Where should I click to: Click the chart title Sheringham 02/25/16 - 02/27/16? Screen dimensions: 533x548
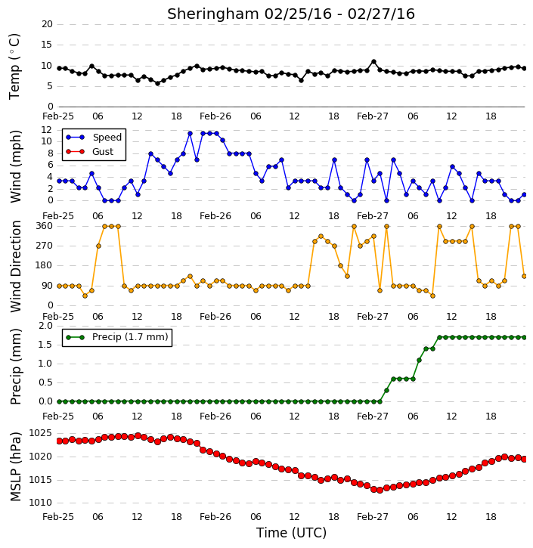[x=291, y=14]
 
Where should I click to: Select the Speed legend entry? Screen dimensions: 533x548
[x=94, y=137]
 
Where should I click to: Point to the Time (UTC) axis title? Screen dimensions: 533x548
[x=291, y=533]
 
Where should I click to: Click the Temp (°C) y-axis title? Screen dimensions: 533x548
[x=14, y=67]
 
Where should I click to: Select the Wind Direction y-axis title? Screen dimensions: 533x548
[x=15, y=266]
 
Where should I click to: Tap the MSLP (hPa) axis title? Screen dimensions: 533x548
[x=15, y=466]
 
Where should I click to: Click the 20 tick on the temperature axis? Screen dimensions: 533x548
[x=47, y=24]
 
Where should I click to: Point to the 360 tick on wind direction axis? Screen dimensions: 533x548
[x=45, y=226]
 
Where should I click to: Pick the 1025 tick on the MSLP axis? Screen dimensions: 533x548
[x=40, y=433]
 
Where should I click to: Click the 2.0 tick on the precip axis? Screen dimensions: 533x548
[x=46, y=326]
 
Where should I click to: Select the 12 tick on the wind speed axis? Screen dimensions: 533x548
[x=47, y=130]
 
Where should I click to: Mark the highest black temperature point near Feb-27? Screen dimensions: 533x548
[x=373, y=61]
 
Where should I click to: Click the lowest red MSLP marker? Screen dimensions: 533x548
[x=380, y=490]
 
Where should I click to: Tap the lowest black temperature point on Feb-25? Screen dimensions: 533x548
[x=157, y=83]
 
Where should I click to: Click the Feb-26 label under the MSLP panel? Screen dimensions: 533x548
[x=215, y=516]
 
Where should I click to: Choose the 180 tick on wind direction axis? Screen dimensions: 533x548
[x=45, y=265]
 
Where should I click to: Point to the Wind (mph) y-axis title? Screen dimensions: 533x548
[x=15, y=166]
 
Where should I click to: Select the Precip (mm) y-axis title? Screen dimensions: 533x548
[x=15, y=367]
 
